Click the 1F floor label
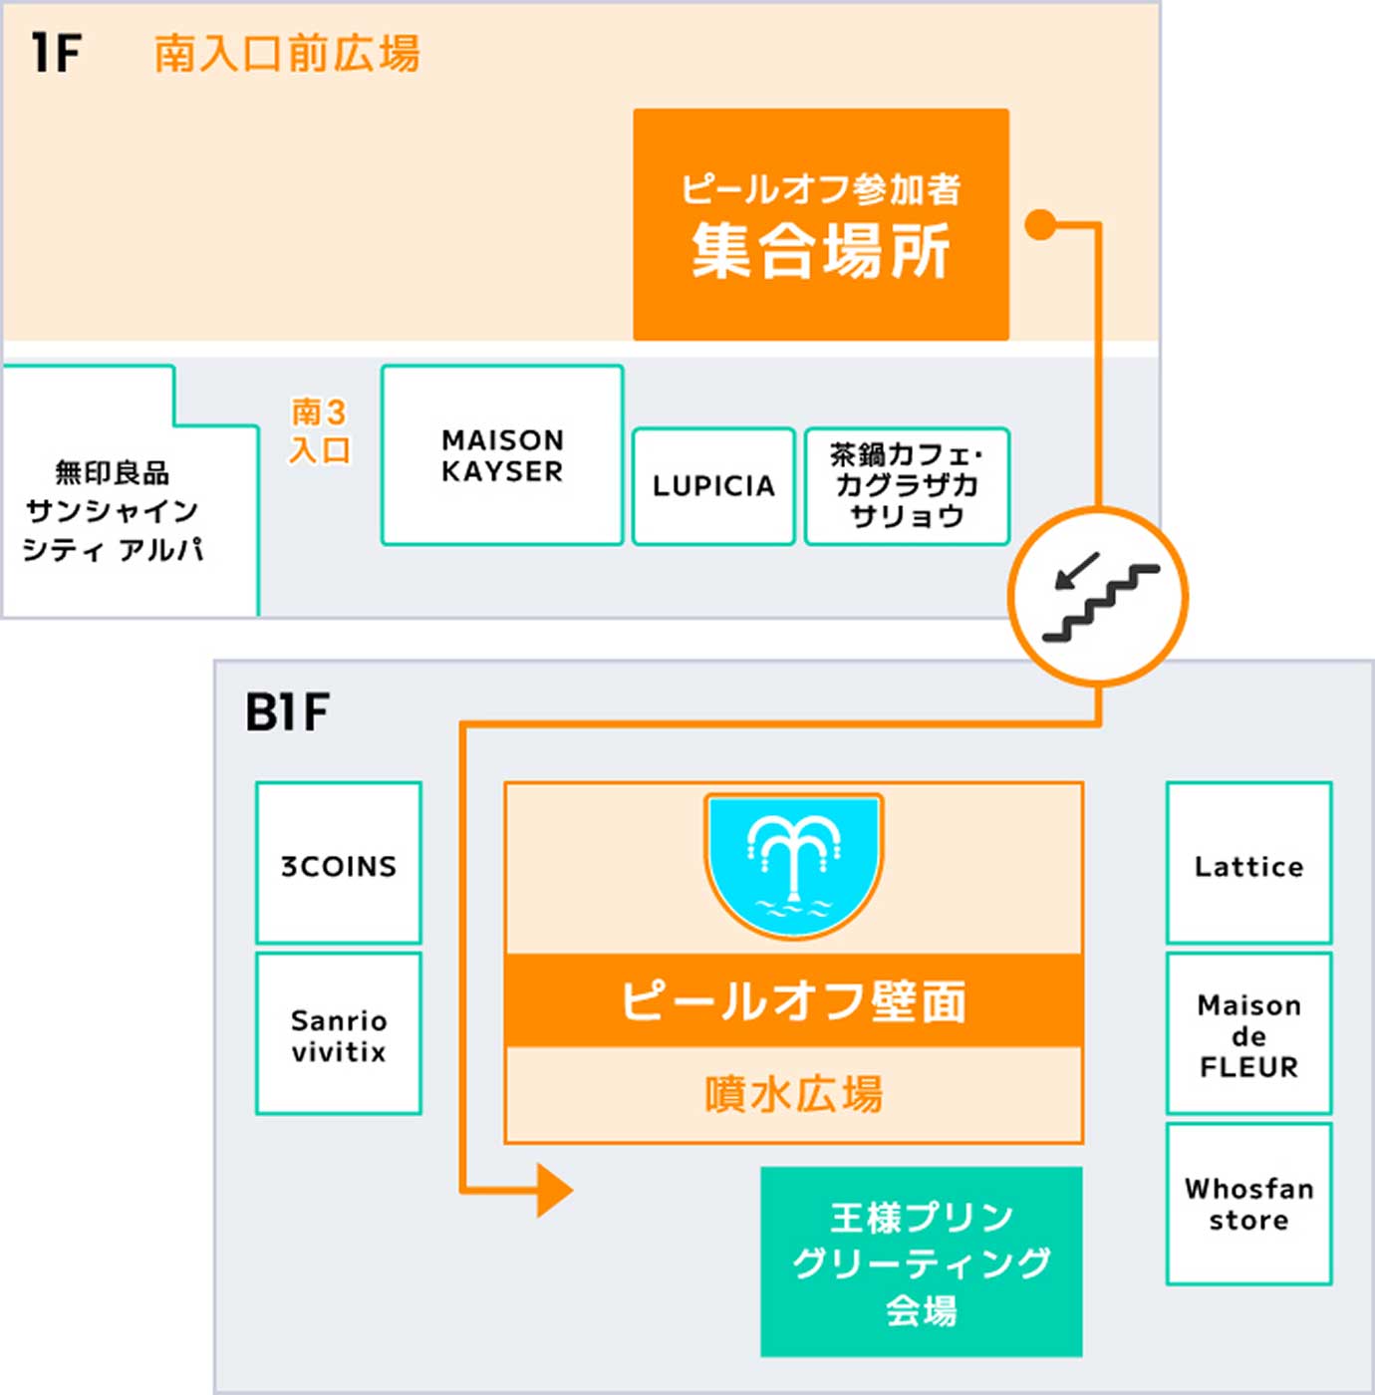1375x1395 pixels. pos(56,54)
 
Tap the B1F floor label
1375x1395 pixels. pos(287,712)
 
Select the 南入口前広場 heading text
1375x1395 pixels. pos(287,54)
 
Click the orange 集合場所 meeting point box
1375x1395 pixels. pos(821,224)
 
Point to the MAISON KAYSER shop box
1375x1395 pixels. pos(502,455)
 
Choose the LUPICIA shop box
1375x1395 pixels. pos(713,486)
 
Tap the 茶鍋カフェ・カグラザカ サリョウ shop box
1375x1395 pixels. pos(907,486)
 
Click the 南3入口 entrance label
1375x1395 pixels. pos(319,430)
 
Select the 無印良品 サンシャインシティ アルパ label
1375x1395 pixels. pos(113,510)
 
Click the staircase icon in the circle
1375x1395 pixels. pos(1098,597)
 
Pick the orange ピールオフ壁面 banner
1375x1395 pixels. pos(793,1000)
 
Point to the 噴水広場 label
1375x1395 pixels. pos(793,1094)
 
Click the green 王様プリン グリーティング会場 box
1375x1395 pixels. pos(921,1261)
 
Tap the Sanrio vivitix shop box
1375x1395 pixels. pos(339,1034)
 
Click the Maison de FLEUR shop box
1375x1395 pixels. pos(1248,1034)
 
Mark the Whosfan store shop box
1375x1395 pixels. pos(1248,1204)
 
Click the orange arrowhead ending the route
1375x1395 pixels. pos(554,1190)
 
